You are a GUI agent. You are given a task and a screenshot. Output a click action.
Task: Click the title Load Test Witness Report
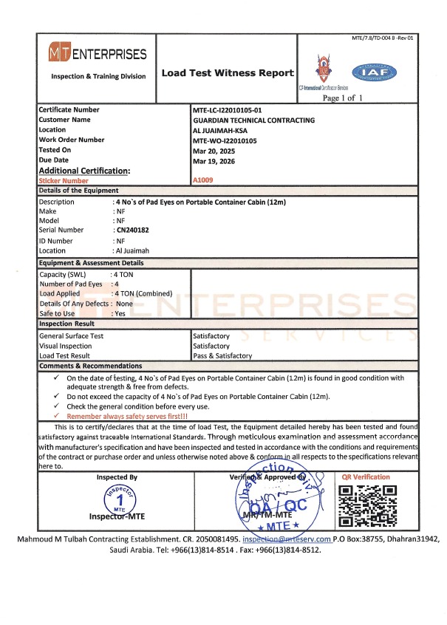(228, 73)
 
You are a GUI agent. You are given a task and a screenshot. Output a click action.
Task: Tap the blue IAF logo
(378, 72)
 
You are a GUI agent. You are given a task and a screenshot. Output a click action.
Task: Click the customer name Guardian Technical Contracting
(253, 120)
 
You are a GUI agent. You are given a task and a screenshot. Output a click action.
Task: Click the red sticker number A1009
(202, 180)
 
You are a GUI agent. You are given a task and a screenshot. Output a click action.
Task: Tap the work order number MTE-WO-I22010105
(228, 139)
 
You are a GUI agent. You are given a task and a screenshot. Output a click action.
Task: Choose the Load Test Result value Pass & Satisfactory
(222, 355)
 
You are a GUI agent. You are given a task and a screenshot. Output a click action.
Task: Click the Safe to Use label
(57, 313)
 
